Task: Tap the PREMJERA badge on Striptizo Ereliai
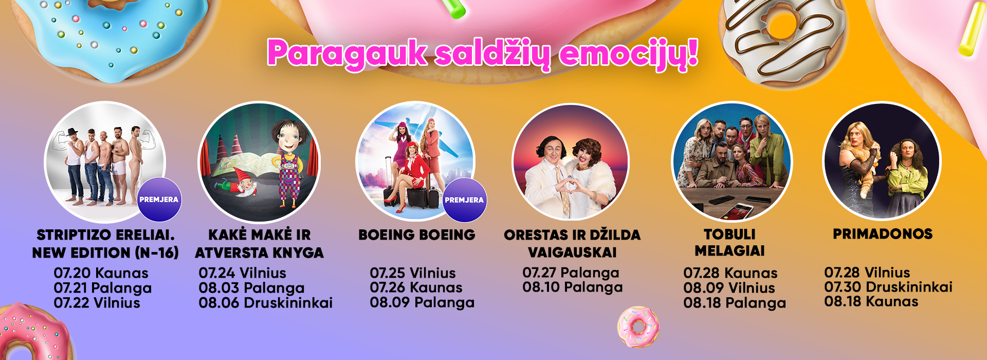(159, 200)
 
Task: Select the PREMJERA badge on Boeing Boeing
(464, 200)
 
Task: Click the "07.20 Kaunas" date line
(101, 273)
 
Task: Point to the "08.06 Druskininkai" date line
(266, 303)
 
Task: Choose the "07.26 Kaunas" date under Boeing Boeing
(416, 287)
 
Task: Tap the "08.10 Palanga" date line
(573, 287)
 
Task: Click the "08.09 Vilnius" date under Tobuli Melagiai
(729, 288)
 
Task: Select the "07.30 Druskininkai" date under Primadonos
(888, 287)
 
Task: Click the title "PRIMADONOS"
(883, 234)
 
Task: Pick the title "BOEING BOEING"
(417, 235)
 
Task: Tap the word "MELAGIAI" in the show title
(730, 251)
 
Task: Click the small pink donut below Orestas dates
(638, 327)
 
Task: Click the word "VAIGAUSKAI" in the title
(572, 253)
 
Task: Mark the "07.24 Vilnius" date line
(243, 273)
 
